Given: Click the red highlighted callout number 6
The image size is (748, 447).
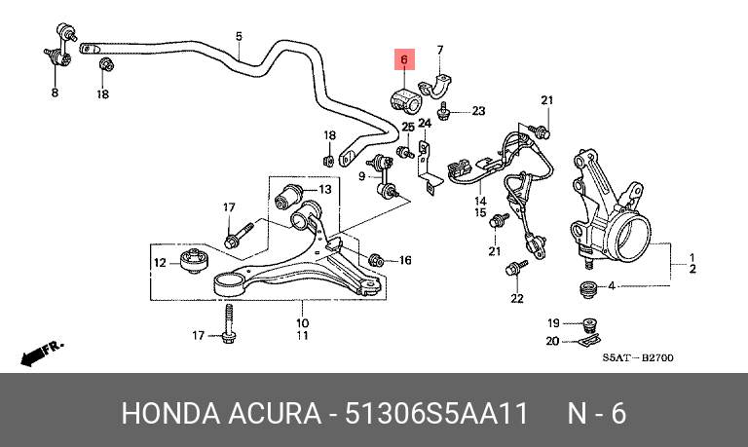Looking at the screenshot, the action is click(x=404, y=59).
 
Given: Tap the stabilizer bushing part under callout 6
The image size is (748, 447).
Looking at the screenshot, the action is click(x=404, y=99).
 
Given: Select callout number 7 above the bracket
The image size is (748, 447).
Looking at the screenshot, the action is click(x=440, y=50).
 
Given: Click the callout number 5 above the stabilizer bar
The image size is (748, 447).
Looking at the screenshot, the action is click(x=239, y=36).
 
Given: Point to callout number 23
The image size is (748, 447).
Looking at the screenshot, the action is click(x=478, y=111).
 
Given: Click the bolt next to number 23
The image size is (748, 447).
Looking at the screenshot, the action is click(x=444, y=112).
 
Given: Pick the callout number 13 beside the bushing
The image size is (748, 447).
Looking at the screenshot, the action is click(x=325, y=189).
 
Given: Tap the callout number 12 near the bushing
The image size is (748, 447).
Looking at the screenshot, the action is click(x=160, y=262).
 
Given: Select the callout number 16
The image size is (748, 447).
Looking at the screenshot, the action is click(x=405, y=260).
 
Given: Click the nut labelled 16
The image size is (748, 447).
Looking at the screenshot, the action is click(x=376, y=260).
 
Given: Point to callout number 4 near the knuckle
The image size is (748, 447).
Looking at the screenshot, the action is click(x=612, y=285).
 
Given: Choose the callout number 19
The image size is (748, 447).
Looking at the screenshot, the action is click(x=553, y=323).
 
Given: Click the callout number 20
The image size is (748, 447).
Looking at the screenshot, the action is click(x=552, y=341).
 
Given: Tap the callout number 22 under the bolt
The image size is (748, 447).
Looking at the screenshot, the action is click(x=517, y=299).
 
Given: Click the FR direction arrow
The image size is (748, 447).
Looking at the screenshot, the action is click(x=41, y=353).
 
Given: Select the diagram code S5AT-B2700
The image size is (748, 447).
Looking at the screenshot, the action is click(x=638, y=357).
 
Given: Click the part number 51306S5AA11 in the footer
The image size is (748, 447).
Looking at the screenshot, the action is click(x=436, y=413).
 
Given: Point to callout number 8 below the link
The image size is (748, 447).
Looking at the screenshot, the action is click(x=55, y=93).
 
